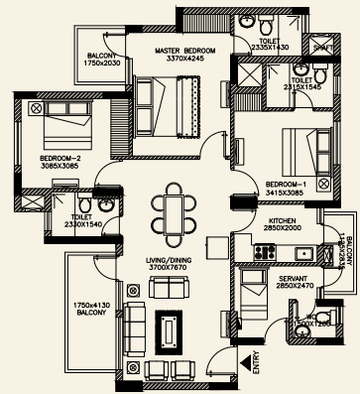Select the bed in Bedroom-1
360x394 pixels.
[x=298, y=149]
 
